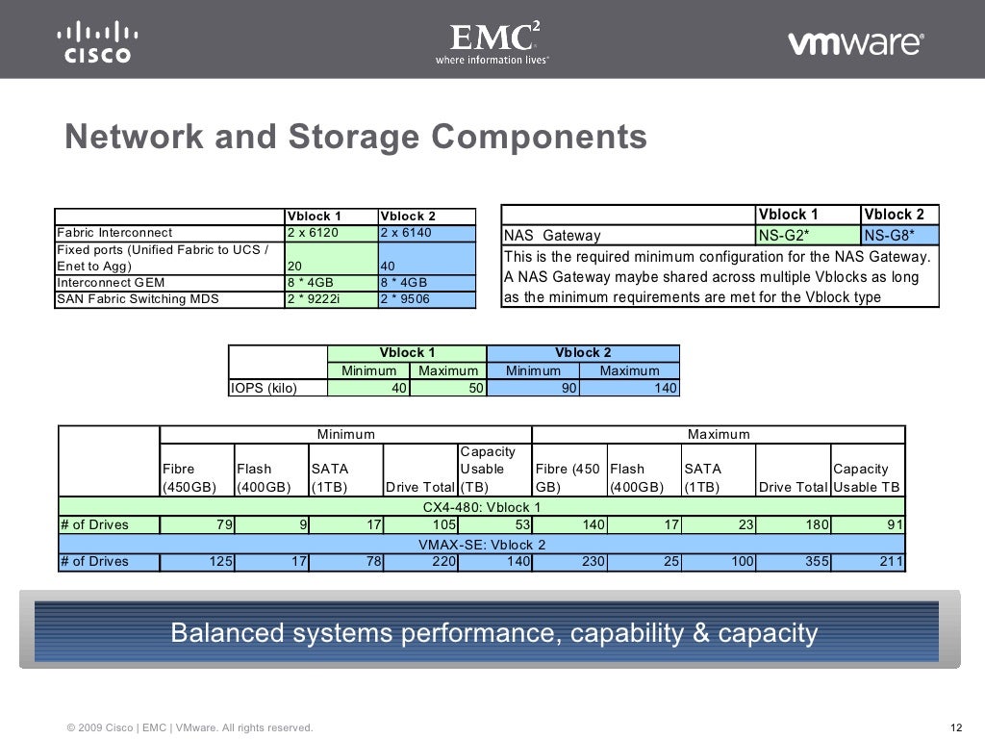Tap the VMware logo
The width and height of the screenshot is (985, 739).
[855, 43]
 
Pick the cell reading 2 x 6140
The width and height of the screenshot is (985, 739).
[407, 233]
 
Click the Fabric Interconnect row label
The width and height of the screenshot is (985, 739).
[115, 233]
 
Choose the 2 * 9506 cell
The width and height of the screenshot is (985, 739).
[405, 299]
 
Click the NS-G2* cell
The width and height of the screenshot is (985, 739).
[784, 236]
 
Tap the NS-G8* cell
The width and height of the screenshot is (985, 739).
[889, 236]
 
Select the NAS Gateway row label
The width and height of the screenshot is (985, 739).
[553, 236]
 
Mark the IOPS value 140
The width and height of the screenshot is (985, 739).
[665, 389]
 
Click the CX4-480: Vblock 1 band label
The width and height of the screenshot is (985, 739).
[482, 507]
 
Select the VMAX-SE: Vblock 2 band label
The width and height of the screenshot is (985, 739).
[482, 544]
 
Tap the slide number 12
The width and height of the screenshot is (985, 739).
[955, 727]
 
